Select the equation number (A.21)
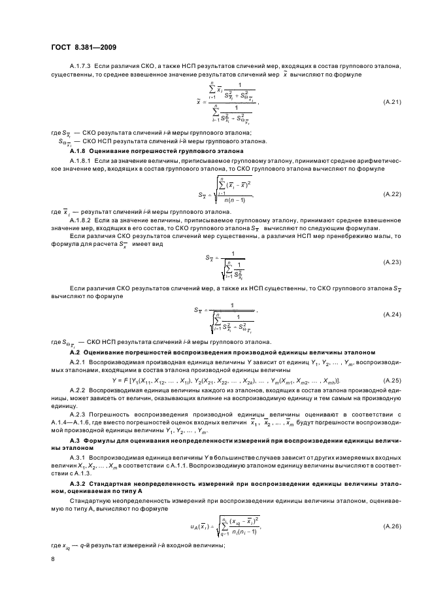[392, 103]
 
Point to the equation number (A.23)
[392, 260]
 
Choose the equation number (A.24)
[392, 314]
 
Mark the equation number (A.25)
[392, 380]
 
